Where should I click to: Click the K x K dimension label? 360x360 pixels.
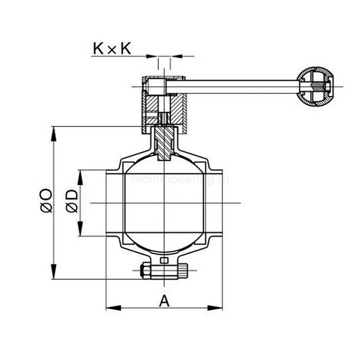(x=112, y=49)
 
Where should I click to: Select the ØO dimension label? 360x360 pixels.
(x=46, y=201)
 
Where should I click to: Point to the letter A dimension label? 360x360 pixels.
(x=164, y=300)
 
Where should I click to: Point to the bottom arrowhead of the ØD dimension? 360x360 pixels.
(x=80, y=231)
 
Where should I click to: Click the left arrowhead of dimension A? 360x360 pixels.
(x=111, y=308)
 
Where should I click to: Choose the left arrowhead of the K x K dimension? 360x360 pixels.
(x=153, y=55)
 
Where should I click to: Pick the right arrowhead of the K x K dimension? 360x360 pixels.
(x=175, y=55)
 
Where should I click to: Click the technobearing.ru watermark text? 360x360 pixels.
(x=180, y=180)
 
